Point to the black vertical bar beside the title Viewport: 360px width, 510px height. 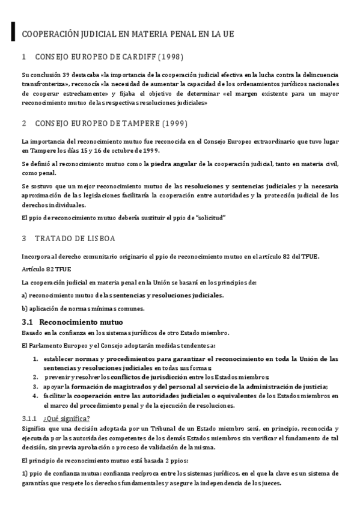[13, 33]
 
